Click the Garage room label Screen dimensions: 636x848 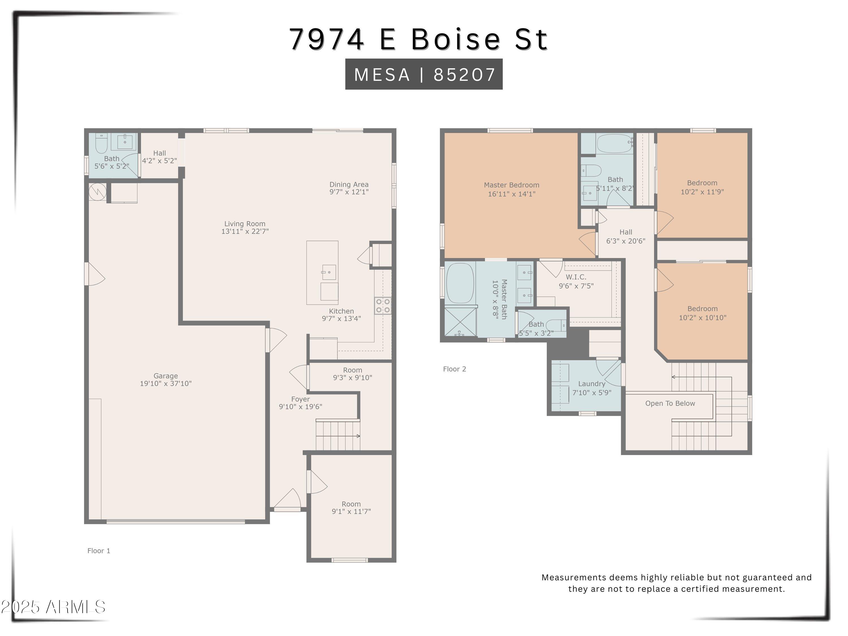(x=166, y=376)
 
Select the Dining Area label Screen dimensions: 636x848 (x=349, y=184)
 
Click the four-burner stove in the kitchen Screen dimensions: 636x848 (x=383, y=306)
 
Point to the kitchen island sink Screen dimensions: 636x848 (x=328, y=272)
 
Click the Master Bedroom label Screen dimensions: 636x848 (x=511, y=185)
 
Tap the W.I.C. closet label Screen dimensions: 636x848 (x=576, y=277)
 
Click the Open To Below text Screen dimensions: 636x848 (x=669, y=403)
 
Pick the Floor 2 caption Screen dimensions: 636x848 (x=454, y=369)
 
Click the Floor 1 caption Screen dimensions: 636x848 (x=99, y=551)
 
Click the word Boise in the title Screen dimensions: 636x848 (x=456, y=39)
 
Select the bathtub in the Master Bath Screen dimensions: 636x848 (x=460, y=283)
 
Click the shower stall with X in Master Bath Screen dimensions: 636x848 (x=460, y=322)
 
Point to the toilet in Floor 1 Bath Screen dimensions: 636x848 (x=101, y=144)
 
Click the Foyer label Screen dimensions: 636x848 (x=300, y=399)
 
